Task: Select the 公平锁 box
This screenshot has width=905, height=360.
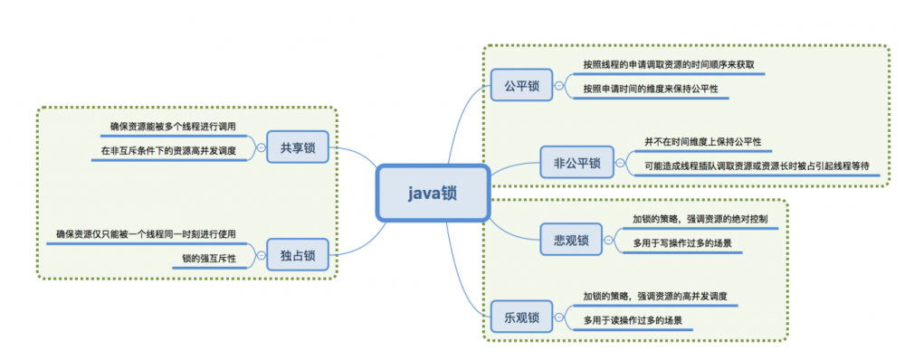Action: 521,86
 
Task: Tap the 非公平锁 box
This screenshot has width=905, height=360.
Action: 576,164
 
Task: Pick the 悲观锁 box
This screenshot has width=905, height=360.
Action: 571,240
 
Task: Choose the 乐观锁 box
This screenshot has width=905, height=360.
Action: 521,317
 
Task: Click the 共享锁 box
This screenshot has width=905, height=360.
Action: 298,147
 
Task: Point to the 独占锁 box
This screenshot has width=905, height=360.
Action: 298,257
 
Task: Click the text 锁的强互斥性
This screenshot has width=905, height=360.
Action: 209,260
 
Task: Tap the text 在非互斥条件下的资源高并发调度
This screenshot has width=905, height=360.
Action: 167,151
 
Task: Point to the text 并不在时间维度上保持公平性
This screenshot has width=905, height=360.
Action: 702,143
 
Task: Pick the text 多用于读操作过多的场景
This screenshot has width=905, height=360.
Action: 633,320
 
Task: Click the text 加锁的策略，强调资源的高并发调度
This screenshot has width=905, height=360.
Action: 656,297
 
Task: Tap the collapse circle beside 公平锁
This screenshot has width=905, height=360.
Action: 559,86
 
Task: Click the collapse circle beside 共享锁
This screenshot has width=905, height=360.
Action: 261,147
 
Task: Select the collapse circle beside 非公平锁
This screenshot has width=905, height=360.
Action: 620,164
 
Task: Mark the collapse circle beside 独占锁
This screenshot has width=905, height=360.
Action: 261,257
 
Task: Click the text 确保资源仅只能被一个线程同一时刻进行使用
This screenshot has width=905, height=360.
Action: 146,234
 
